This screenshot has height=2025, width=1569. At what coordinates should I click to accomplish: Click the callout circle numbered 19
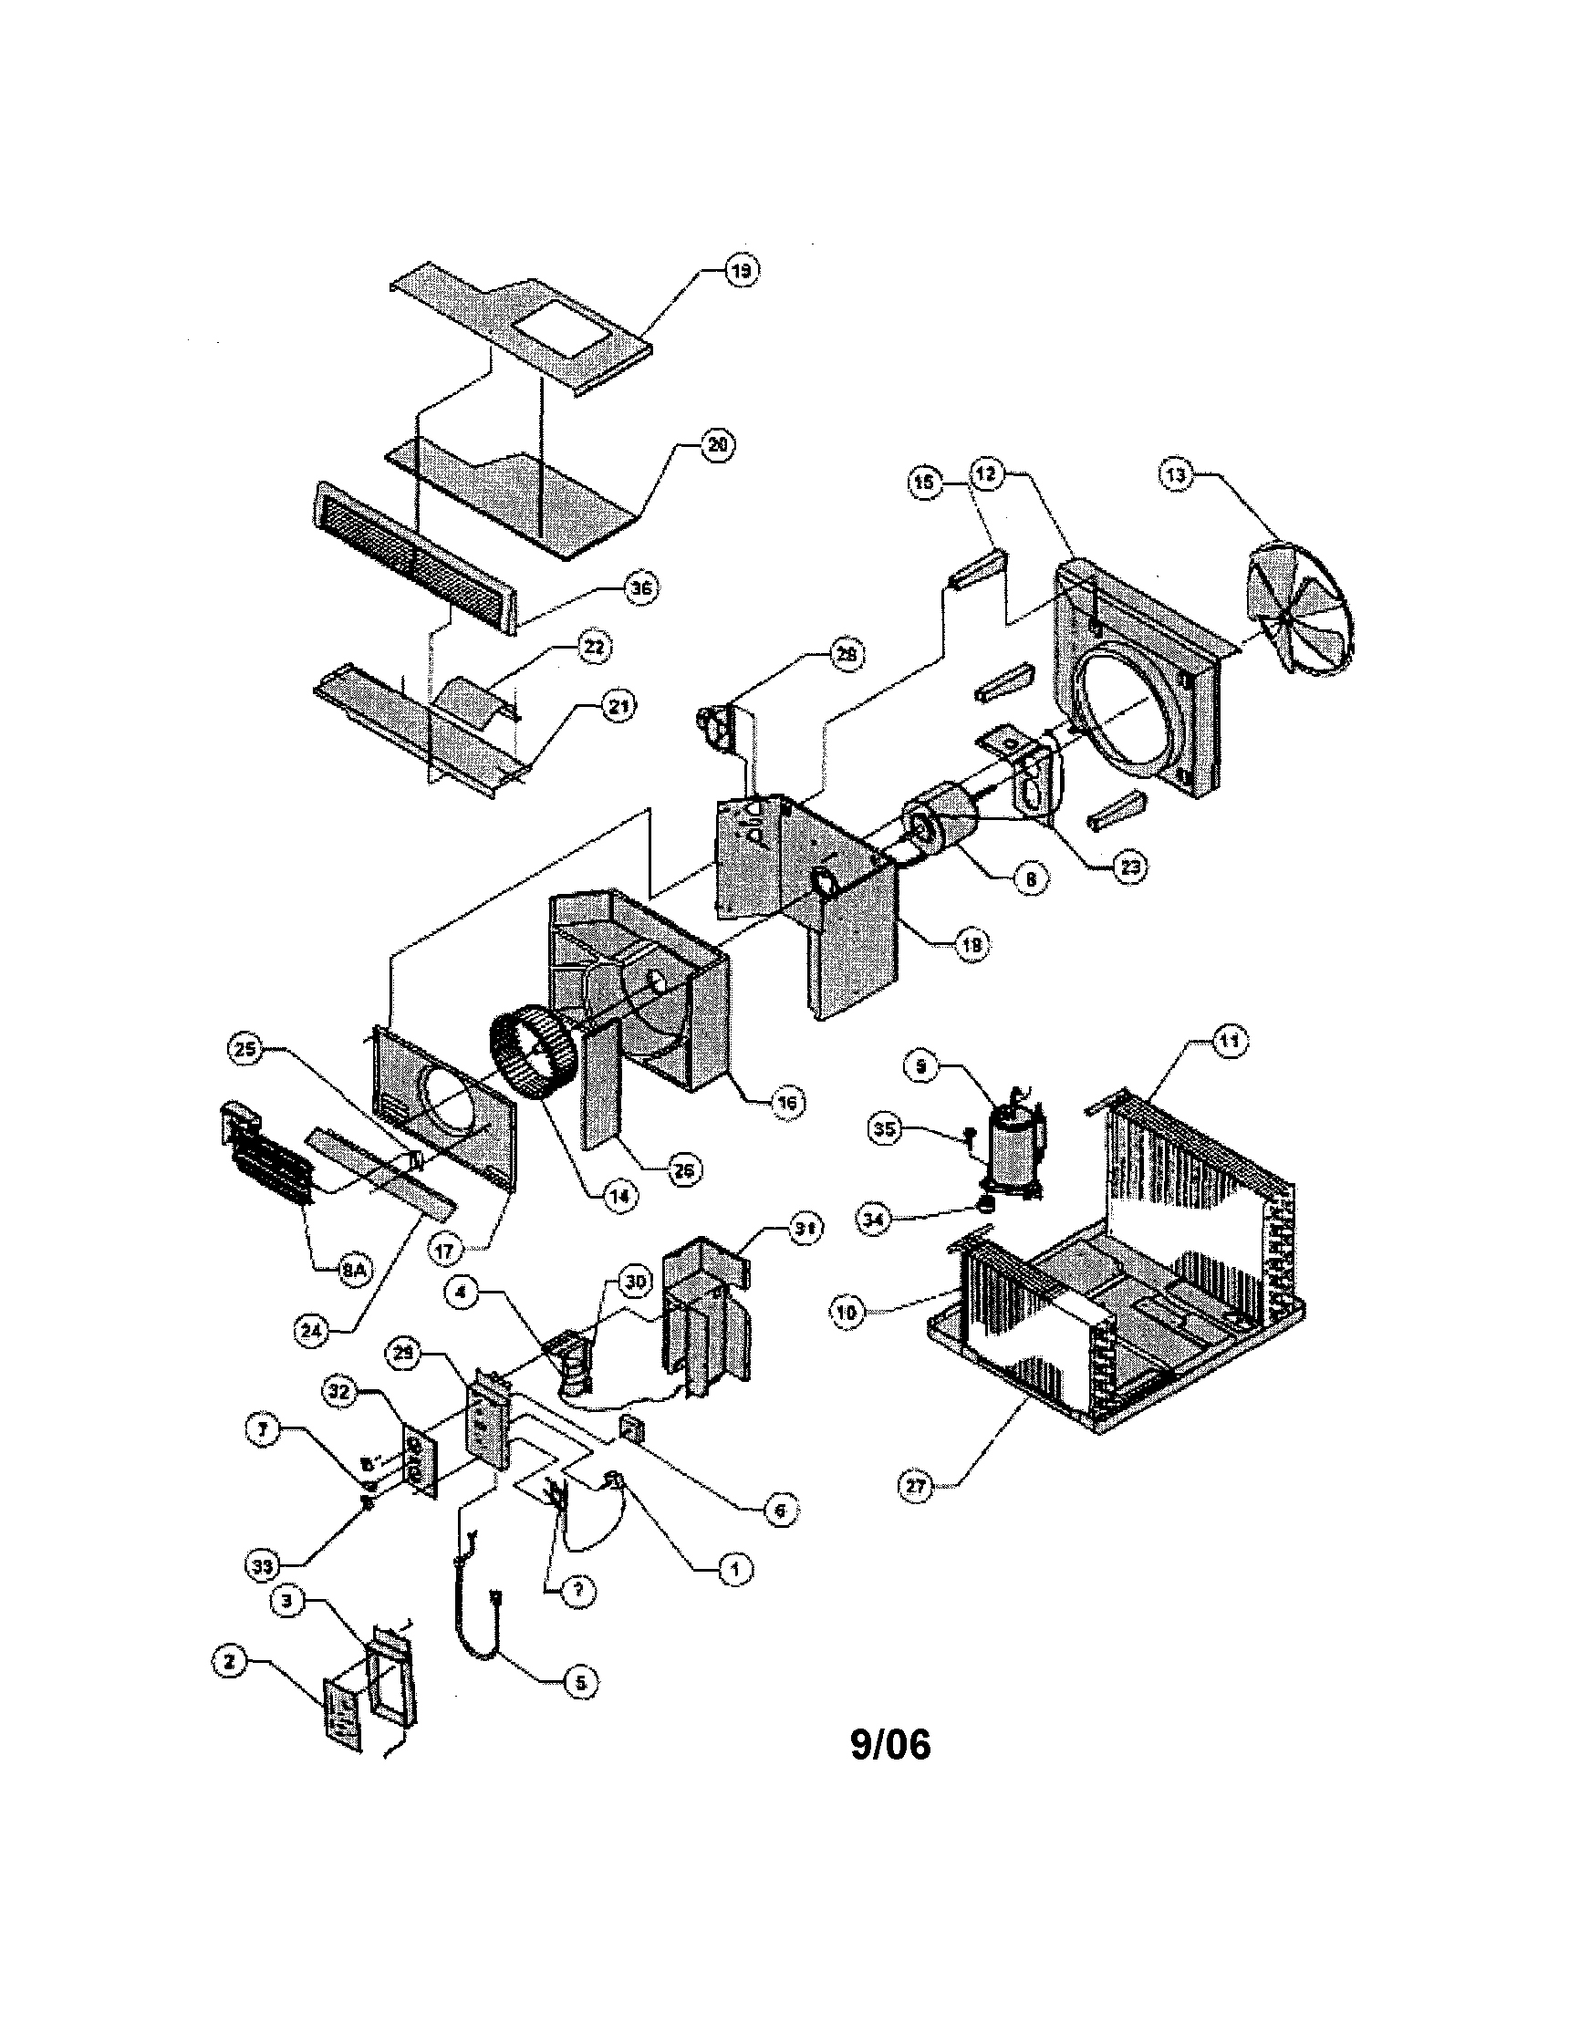click(x=741, y=271)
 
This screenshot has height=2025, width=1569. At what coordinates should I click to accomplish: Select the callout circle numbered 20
click(x=716, y=445)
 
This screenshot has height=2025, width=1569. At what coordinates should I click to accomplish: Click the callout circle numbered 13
click(x=1176, y=475)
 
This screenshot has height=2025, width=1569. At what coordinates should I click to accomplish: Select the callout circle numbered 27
click(x=916, y=1486)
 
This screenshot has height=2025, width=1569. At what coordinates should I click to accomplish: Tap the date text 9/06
click(x=890, y=1744)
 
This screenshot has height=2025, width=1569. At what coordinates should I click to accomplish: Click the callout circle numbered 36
click(x=641, y=588)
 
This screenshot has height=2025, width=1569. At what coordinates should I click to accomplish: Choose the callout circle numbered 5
click(x=580, y=1683)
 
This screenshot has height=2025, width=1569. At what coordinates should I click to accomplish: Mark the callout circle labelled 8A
click(x=351, y=1272)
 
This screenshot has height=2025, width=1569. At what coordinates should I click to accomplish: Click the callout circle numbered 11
click(x=1229, y=1042)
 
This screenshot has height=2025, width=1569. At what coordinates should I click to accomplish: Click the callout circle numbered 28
click(x=845, y=655)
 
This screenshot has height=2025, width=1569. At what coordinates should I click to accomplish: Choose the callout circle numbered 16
click(x=787, y=1103)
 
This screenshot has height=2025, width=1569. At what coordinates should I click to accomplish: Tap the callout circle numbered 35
click(x=886, y=1129)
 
